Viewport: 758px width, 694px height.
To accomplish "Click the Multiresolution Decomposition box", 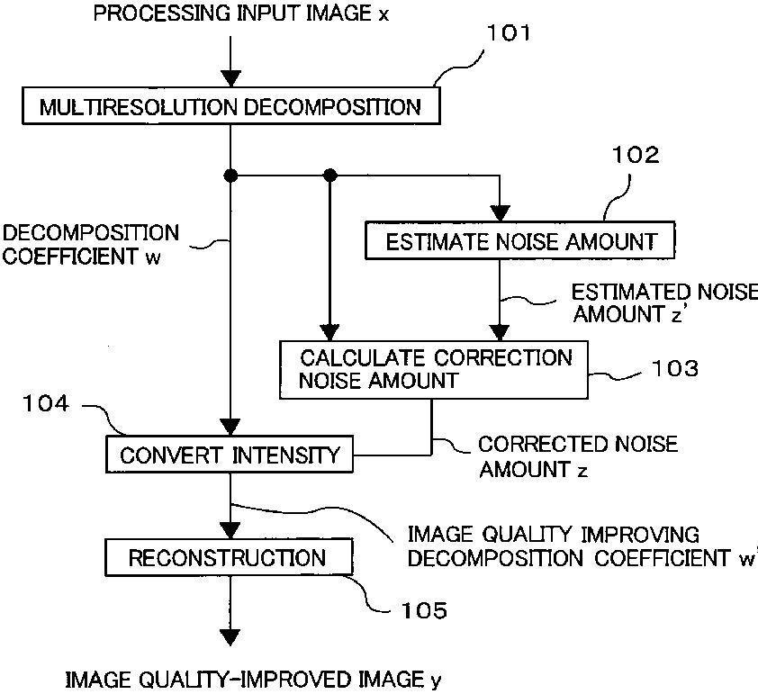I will (230, 108).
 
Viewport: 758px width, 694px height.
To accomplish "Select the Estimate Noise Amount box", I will (519, 241).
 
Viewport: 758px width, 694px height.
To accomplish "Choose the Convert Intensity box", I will (230, 454).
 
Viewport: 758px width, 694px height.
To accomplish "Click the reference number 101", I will (509, 34).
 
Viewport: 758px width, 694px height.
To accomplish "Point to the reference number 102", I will (636, 155).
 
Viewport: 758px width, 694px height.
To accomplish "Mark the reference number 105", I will (421, 612).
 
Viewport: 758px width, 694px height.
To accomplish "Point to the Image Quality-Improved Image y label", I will (254, 679).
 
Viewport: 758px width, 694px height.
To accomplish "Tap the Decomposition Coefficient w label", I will (91, 244).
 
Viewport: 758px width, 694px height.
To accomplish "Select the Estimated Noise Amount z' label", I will (665, 303).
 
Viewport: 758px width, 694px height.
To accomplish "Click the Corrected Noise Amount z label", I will (578, 456).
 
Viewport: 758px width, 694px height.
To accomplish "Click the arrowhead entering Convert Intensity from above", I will (230, 428).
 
